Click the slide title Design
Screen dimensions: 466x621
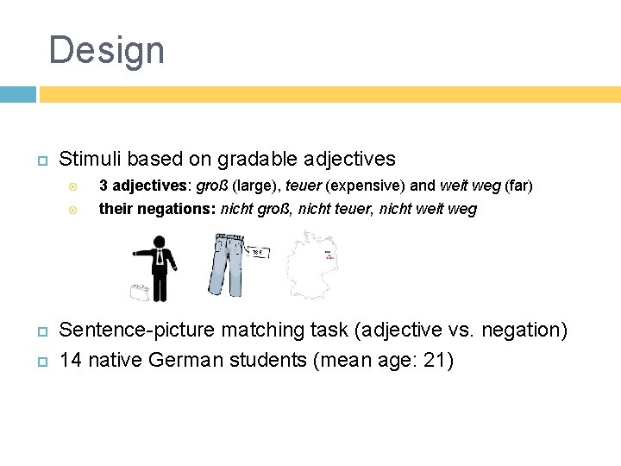click(x=106, y=50)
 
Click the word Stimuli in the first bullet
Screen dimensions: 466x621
click(x=87, y=159)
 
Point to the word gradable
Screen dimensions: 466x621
click(x=260, y=159)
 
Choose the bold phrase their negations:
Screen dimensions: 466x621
click(x=158, y=209)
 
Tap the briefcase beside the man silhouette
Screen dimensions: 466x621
click(x=139, y=292)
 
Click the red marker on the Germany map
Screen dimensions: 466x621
click(x=329, y=255)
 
